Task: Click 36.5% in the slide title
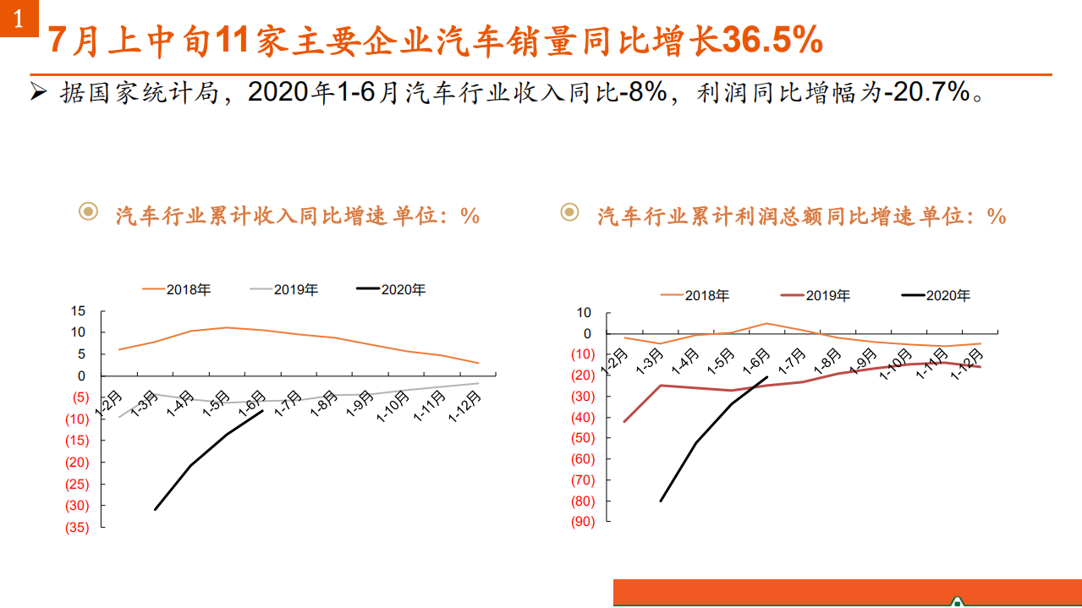pos(772,40)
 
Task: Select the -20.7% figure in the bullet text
pos(926,91)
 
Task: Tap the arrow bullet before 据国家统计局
pos(38,91)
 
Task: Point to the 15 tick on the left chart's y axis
pos(78,310)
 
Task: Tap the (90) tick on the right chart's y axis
pos(583,522)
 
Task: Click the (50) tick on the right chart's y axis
pos(583,438)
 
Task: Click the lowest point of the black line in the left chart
pos(155,509)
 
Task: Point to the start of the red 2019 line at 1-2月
pos(624,421)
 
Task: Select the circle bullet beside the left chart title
pos(88,211)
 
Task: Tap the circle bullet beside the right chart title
pos(570,211)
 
